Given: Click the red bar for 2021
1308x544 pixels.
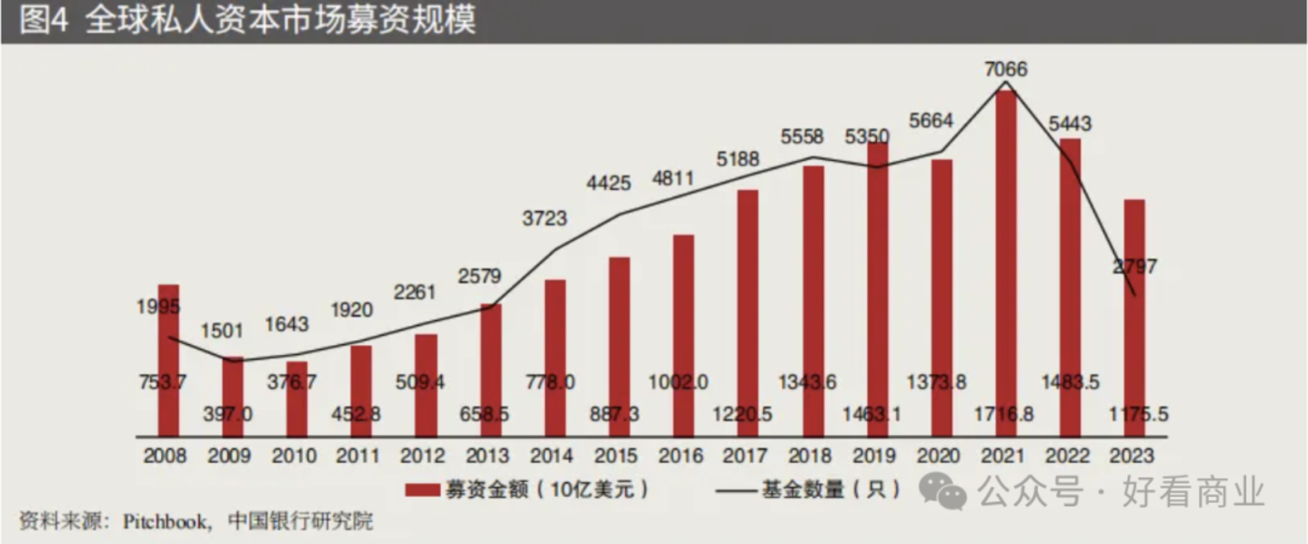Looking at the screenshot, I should [x=1005, y=264].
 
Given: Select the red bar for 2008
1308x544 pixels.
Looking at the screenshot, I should [x=168, y=359].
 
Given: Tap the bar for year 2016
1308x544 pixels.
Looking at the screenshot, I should [x=683, y=337].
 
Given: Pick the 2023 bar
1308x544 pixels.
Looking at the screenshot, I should [x=1134, y=318].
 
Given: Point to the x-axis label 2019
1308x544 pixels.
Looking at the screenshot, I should [x=877, y=456].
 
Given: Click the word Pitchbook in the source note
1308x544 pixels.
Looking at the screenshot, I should [x=168, y=521].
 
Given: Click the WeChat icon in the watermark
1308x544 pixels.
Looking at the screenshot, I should [x=943, y=492].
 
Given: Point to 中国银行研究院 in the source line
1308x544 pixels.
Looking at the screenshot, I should [x=300, y=521].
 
